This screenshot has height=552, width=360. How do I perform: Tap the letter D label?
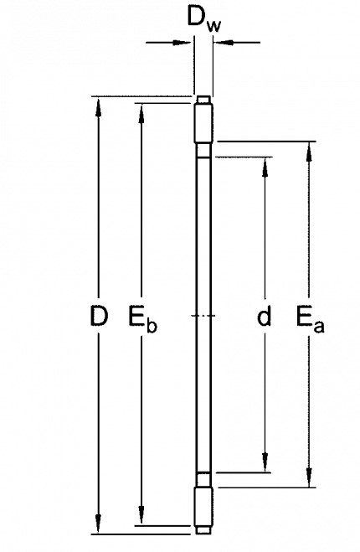pos(99,316)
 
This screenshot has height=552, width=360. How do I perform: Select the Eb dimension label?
pos(142,318)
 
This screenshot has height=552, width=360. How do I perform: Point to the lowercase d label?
pos(265,316)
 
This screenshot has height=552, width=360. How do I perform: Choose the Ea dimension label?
pos(310,318)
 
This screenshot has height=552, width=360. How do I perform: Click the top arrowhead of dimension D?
pos(99,107)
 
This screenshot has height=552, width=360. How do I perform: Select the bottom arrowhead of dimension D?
pos(99,524)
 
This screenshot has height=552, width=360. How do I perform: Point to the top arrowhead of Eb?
pos(141,114)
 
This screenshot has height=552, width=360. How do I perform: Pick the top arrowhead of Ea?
pos(309,152)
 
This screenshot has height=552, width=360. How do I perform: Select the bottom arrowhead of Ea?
pos(309,477)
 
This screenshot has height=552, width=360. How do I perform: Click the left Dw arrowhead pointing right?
pos(182,43)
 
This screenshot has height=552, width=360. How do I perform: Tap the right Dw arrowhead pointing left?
pos(224,43)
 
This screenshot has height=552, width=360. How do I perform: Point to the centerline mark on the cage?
pos(203,316)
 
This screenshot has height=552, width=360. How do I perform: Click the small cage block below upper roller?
pos(203,150)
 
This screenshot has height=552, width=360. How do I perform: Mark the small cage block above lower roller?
pos(203,480)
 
